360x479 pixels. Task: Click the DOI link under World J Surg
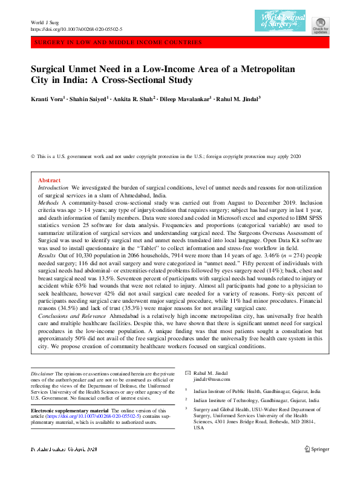76,29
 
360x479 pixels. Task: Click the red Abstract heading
49,181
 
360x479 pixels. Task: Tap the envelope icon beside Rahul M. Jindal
188,372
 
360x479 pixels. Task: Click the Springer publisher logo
318,449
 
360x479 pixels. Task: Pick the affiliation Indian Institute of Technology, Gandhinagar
257,400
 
